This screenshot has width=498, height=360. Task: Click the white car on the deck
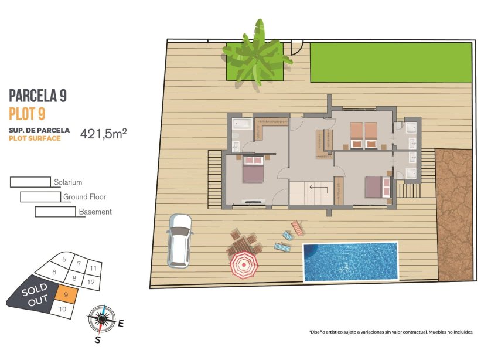pos(179,239)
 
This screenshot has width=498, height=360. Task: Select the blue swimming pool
pos(350,261)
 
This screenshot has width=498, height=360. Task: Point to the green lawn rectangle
pos(390,62)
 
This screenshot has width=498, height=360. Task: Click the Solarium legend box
pos(30,182)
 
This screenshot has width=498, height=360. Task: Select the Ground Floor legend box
pos(40,197)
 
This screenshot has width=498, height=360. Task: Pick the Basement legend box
pos(55,212)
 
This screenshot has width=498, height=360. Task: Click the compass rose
pos(102,318)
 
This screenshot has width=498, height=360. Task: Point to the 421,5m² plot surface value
pos(103,133)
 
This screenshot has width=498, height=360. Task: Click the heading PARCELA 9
pos(42,96)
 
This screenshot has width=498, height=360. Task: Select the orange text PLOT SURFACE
pos(35,138)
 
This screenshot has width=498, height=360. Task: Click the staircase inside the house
pos(310,193)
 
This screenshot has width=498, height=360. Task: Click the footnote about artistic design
pos(391,332)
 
